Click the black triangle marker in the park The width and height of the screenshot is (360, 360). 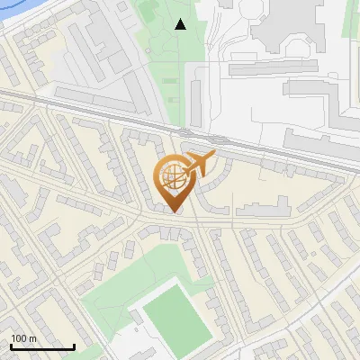(181, 24)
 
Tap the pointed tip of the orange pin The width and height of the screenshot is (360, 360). (174, 212)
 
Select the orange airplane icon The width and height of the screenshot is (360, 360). (199, 165)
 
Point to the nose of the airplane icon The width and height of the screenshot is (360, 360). (214, 156)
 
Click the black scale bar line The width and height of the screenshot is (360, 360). (42, 347)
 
